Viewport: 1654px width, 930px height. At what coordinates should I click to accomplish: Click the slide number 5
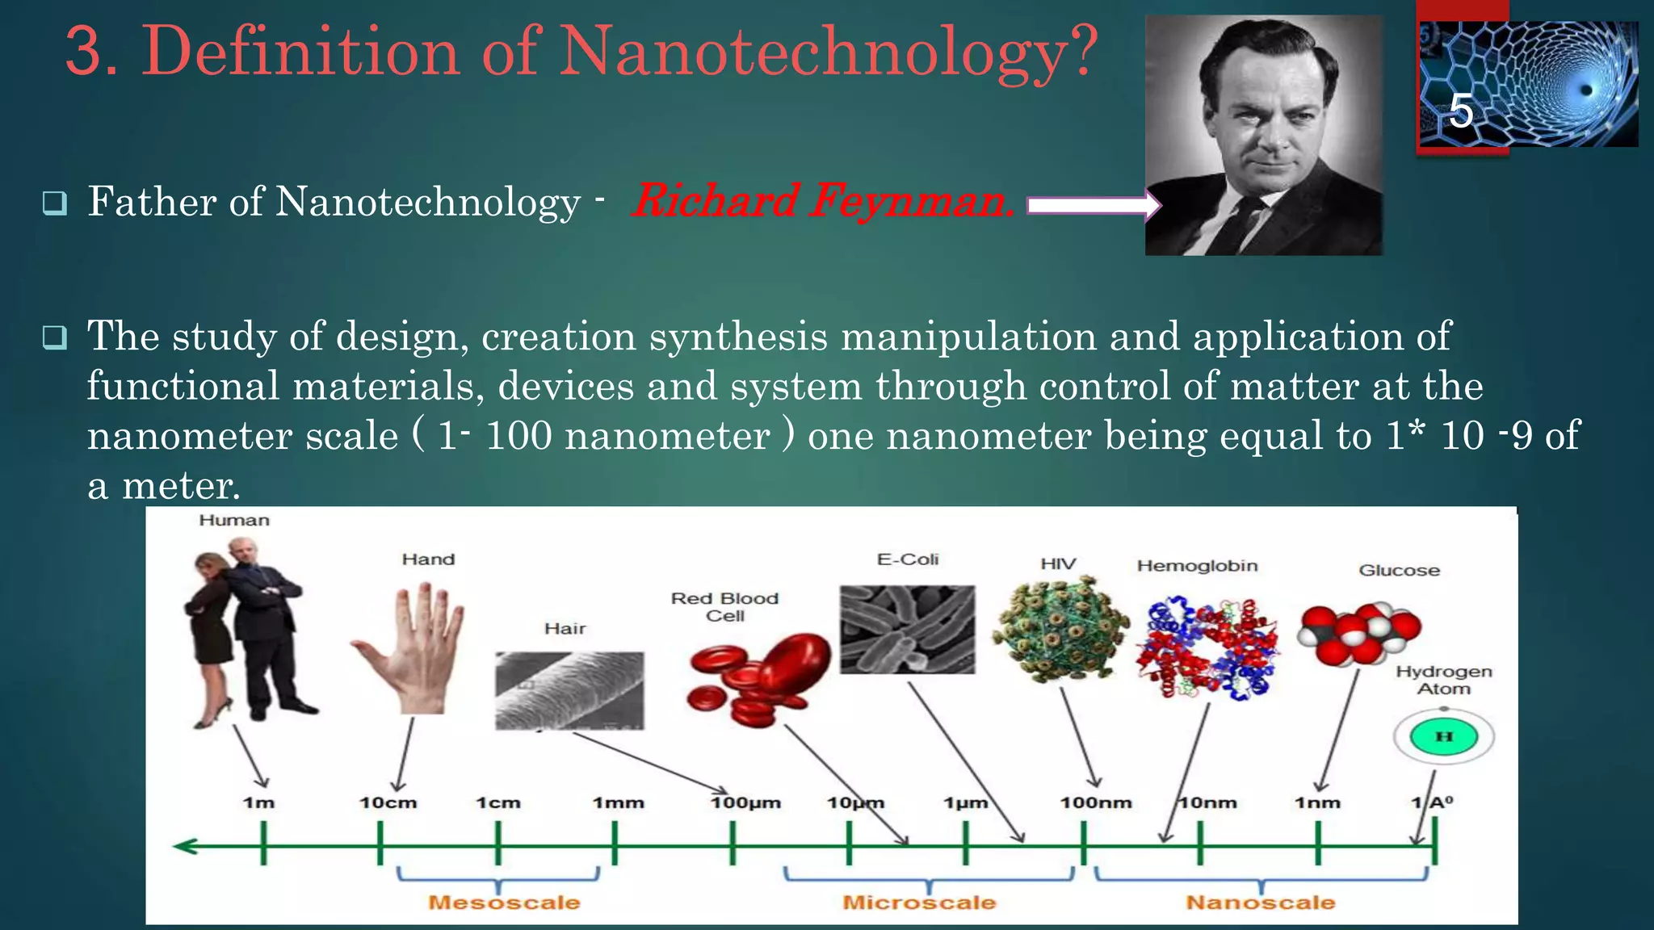pyautogui.click(x=1461, y=111)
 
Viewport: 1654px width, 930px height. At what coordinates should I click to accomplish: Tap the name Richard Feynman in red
pyautogui.click(x=822, y=201)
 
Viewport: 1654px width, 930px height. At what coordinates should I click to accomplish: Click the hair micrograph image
pyautogui.click(x=569, y=690)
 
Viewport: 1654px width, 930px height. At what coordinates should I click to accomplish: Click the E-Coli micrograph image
pyautogui.click(x=907, y=630)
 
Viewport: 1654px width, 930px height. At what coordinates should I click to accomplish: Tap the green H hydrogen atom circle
pyautogui.click(x=1444, y=736)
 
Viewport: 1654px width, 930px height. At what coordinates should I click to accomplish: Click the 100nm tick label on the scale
pyautogui.click(x=1096, y=803)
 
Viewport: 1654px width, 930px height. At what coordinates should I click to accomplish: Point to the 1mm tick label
pyautogui.click(x=619, y=803)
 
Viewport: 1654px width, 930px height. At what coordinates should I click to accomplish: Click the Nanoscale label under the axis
pyautogui.click(x=1260, y=903)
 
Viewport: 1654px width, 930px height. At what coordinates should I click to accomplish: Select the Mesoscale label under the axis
pyautogui.click(x=504, y=903)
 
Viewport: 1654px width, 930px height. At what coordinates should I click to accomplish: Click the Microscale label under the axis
pyautogui.click(x=919, y=903)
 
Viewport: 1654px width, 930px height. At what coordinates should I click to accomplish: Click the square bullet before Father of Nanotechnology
pyautogui.click(x=55, y=203)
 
